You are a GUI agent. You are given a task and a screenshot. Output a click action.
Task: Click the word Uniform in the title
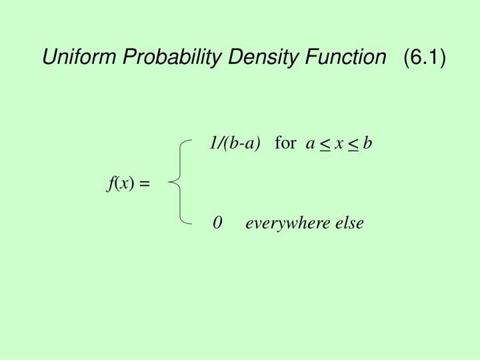pos(73,59)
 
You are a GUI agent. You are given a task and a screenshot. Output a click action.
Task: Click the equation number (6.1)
pos(423,59)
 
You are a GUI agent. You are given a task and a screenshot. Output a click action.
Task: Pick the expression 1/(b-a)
pos(234,143)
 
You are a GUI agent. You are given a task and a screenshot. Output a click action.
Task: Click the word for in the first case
pos(285,143)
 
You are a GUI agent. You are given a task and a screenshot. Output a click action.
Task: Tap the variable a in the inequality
pos(309,144)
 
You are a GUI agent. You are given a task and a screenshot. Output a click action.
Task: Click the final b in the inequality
pos(367,143)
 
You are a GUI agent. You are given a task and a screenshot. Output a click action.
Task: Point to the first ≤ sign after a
pos(324,145)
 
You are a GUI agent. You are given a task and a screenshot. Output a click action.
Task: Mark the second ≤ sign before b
pos(353,145)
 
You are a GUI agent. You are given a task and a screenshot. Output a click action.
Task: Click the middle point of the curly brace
pos(172,179)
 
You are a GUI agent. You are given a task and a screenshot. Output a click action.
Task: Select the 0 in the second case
pos(217,223)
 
